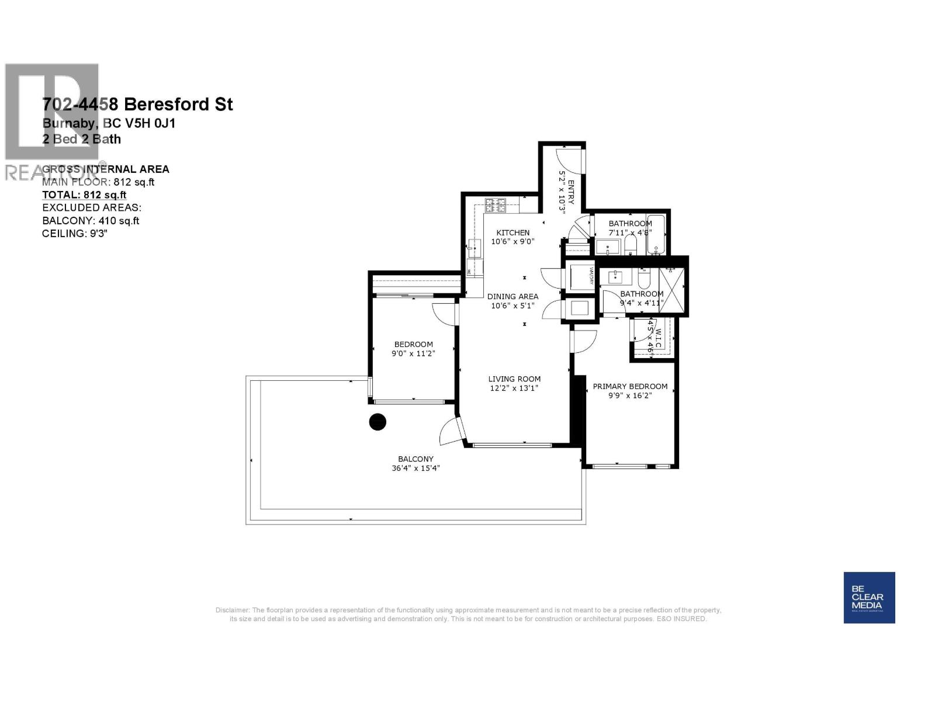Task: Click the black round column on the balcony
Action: pyautogui.click(x=378, y=422)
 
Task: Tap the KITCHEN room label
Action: pyautogui.click(x=513, y=232)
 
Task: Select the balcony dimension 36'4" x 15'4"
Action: pyautogui.click(x=415, y=468)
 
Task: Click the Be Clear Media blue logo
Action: pyautogui.click(x=869, y=597)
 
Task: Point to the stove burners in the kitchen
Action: pyautogui.click(x=495, y=204)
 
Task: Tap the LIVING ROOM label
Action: pyautogui.click(x=514, y=379)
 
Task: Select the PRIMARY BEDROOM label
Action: pyautogui.click(x=630, y=386)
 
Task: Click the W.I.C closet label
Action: pyautogui.click(x=657, y=337)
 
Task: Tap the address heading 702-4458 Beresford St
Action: pyautogui.click(x=138, y=104)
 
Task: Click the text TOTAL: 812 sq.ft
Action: pyautogui.click(x=84, y=195)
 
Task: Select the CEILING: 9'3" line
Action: pyautogui.click(x=75, y=234)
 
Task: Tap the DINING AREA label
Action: pyautogui.click(x=512, y=296)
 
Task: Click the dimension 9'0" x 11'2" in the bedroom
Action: pyautogui.click(x=413, y=353)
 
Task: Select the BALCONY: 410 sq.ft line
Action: pyautogui.click(x=91, y=221)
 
